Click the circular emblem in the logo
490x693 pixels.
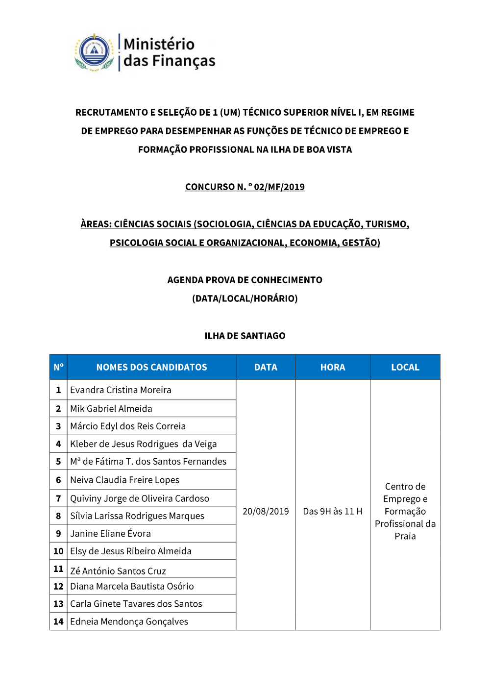point(94,52)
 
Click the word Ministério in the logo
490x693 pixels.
point(159,44)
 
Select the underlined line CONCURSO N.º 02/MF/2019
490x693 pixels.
point(245,187)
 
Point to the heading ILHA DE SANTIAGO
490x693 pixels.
point(245,336)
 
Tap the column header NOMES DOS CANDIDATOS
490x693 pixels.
point(151,367)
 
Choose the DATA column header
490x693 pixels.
point(266,367)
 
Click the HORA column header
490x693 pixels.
point(332,367)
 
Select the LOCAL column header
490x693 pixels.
point(405,367)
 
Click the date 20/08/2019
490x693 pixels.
point(266,511)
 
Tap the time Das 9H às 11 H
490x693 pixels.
point(332,511)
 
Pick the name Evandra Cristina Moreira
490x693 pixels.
point(121,390)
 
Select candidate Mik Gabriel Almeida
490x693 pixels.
point(111,409)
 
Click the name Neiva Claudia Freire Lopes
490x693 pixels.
point(124,480)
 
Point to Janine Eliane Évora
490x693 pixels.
point(110,534)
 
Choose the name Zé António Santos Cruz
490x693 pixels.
point(118,571)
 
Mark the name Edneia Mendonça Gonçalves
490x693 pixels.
point(129,621)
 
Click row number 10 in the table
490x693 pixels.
point(58,551)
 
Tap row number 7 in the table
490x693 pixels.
point(58,498)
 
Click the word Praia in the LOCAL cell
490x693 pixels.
point(405,536)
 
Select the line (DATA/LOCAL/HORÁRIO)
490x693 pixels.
point(245,298)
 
